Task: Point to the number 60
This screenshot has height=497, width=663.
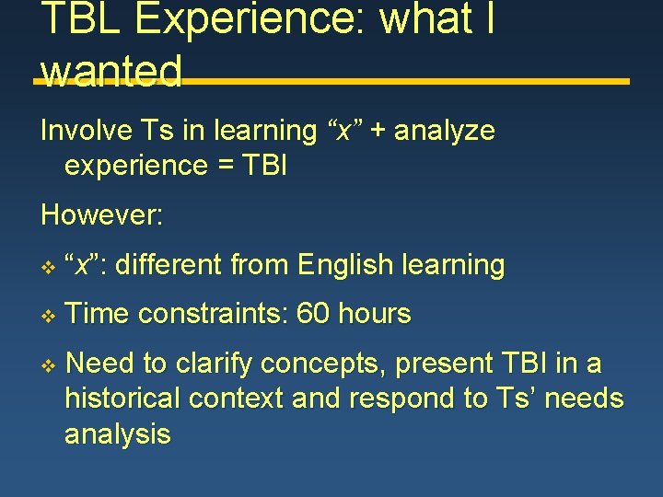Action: coord(313,314)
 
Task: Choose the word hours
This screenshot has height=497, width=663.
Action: coord(374,314)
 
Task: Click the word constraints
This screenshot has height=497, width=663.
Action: coord(214,314)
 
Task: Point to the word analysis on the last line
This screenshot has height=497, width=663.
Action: coord(117,434)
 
